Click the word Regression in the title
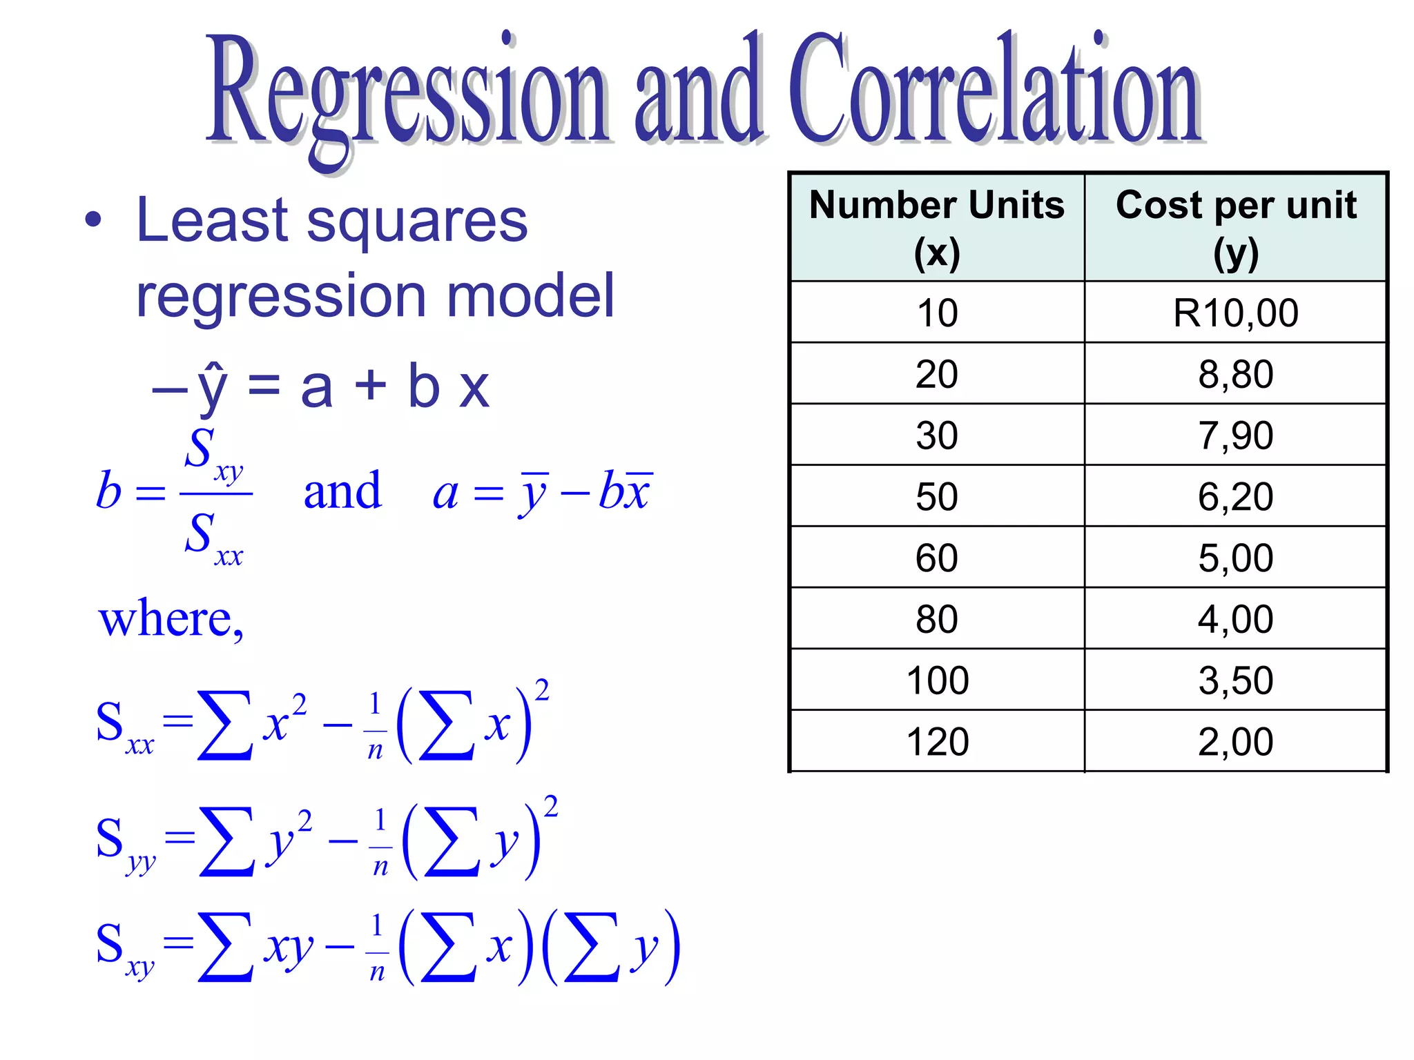407,93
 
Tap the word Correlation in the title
994,93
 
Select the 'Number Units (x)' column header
937,228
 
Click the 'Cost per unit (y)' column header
1236,228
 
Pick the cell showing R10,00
1236,313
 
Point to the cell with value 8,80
1236,374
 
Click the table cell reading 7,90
1236,435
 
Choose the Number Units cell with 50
937,496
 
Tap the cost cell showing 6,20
1236,496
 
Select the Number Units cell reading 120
937,742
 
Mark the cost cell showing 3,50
1236,680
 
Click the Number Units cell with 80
937,619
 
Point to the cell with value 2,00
1236,742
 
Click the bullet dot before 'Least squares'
93,221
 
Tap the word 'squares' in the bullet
417,222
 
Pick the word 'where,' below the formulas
171,618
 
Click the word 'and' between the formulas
342,491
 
